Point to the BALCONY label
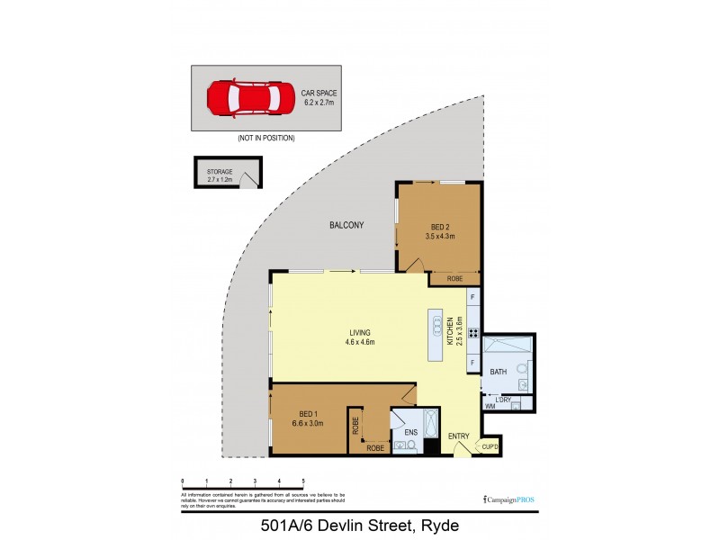pyautogui.click(x=346, y=225)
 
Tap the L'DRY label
pyautogui.click(x=503, y=399)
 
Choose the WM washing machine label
pyautogui.click(x=490, y=407)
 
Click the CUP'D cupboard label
pyautogui.click(x=490, y=445)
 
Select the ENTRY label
pyautogui.click(x=459, y=437)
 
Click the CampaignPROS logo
pyautogui.click(x=508, y=499)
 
